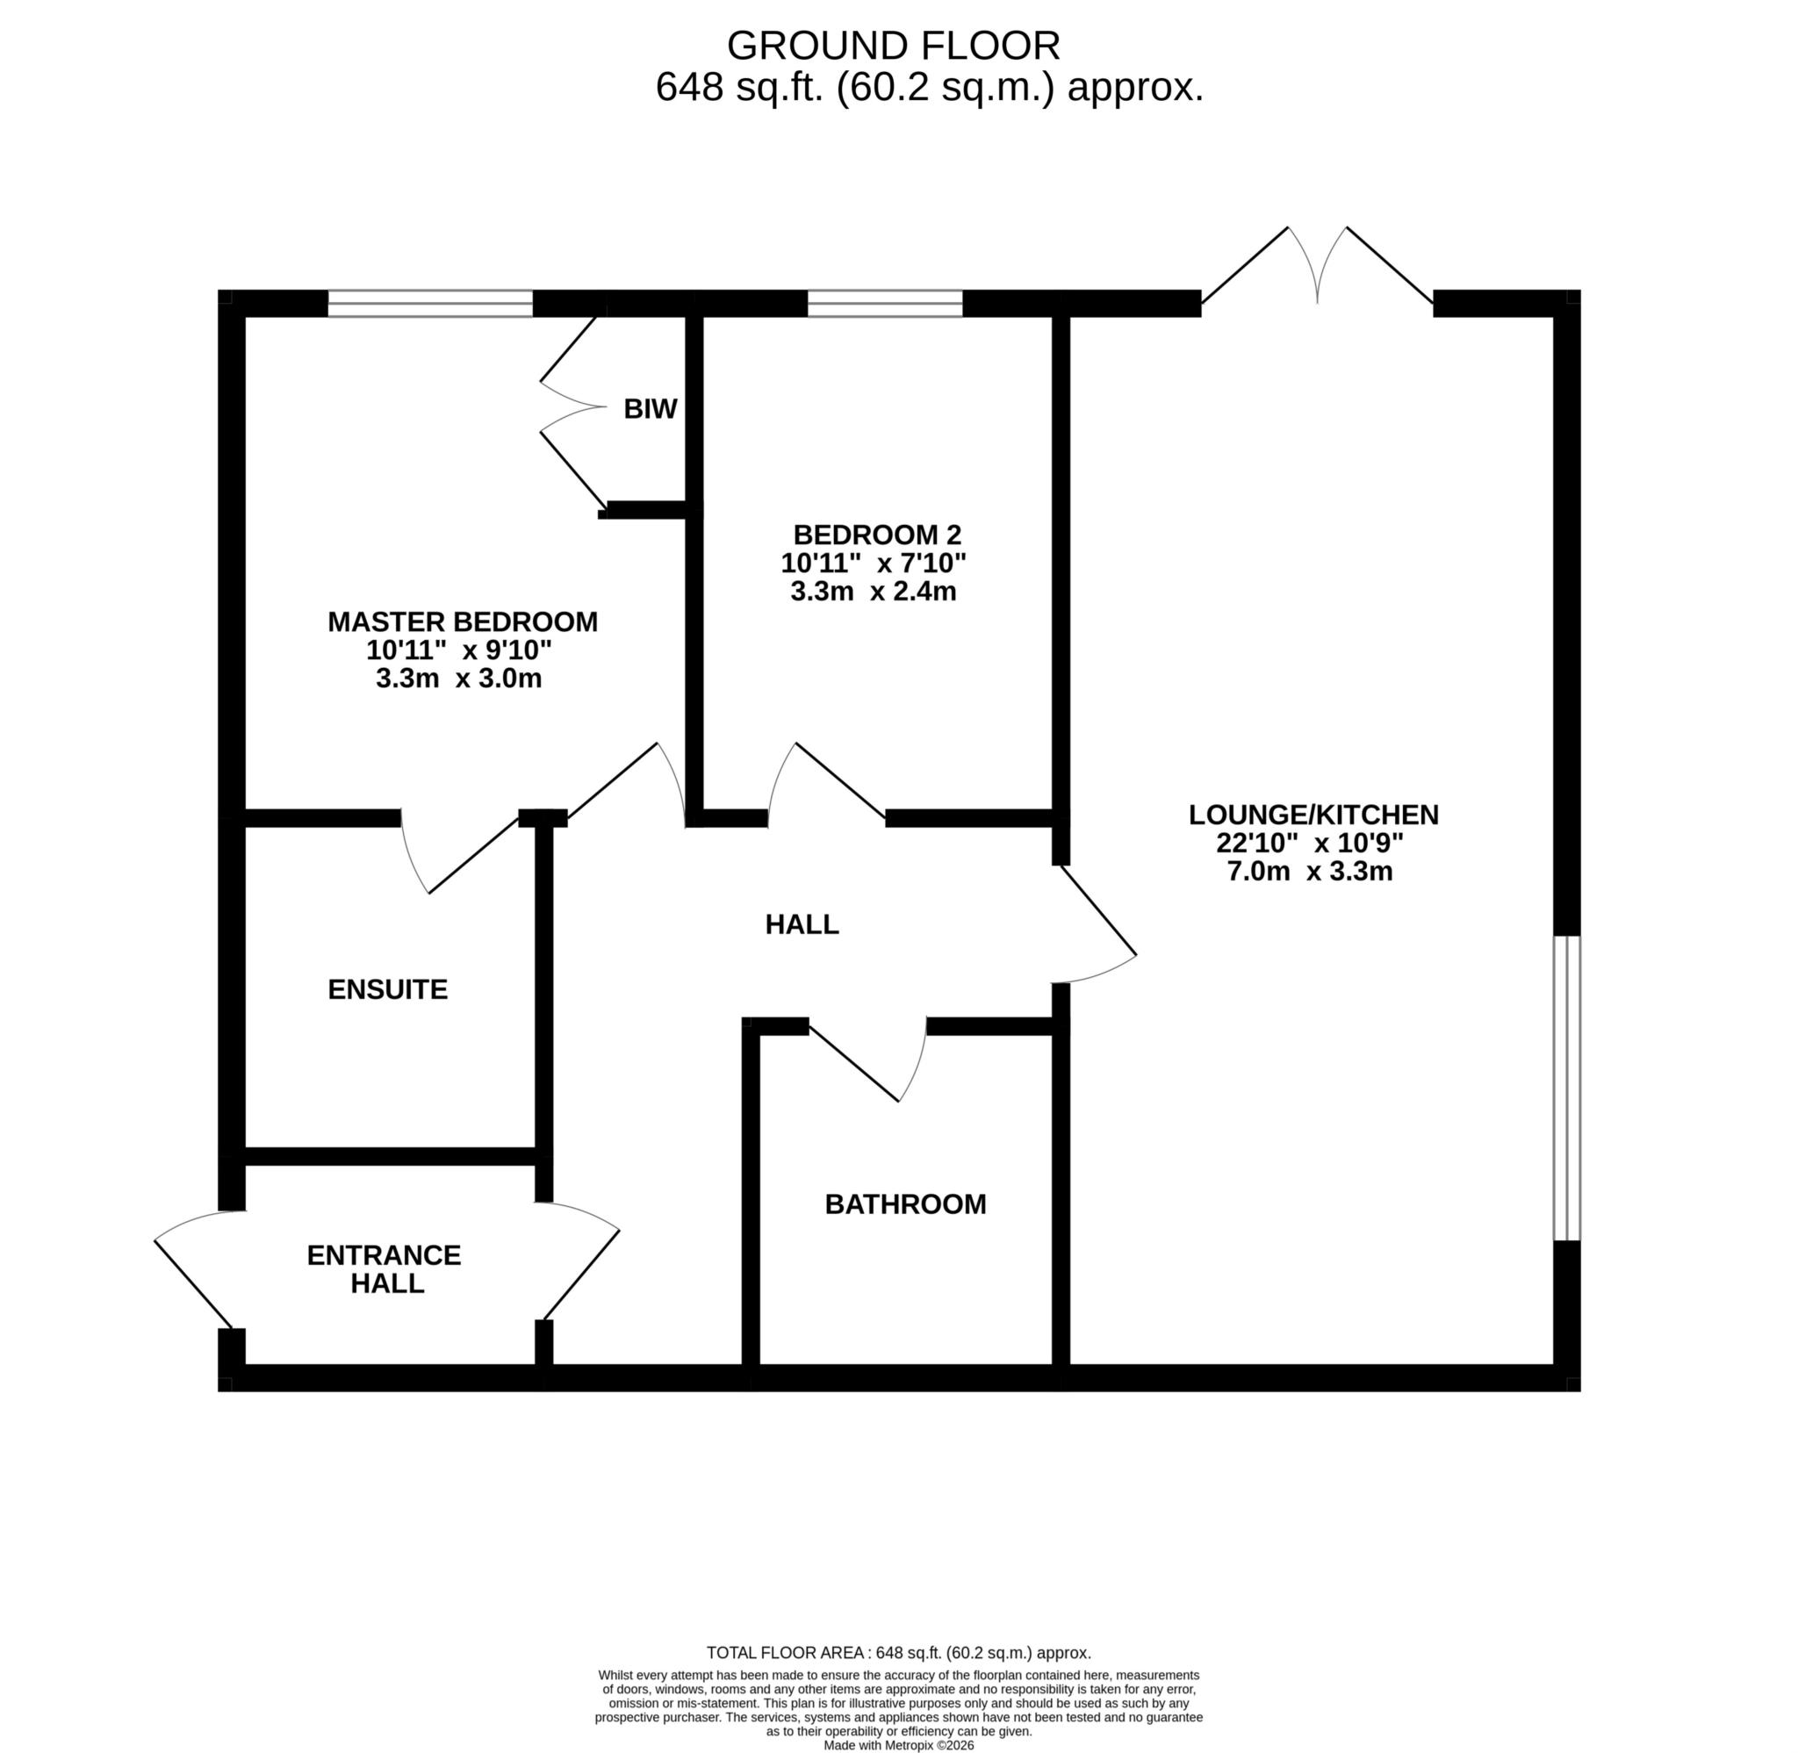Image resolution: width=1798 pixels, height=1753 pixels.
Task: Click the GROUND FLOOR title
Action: coord(893,44)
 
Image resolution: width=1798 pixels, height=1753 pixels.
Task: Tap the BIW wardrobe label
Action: coord(650,409)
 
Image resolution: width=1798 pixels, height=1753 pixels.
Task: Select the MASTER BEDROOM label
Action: coord(462,621)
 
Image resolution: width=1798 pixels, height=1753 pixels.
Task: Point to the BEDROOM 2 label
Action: coord(876,534)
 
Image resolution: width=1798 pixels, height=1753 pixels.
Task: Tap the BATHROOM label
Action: coord(905,1204)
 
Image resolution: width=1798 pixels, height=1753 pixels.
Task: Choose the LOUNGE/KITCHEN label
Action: coord(1313,814)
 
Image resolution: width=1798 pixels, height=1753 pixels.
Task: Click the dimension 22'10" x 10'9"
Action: coord(1309,843)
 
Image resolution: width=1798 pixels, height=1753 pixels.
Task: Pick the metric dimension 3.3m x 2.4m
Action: coord(873,591)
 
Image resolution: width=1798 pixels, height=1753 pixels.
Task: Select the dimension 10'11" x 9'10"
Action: coord(458,650)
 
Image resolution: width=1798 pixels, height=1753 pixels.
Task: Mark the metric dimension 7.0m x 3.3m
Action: coord(1309,871)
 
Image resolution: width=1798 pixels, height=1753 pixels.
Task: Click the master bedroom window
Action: coord(430,303)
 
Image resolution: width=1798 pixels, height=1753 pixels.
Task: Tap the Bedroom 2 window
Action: coord(885,303)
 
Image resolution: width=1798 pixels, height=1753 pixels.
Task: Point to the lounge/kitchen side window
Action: coord(1567,1088)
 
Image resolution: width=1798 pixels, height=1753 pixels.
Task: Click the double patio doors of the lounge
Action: coord(1318,267)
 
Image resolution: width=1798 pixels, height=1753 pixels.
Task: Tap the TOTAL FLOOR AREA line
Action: coord(898,1653)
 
